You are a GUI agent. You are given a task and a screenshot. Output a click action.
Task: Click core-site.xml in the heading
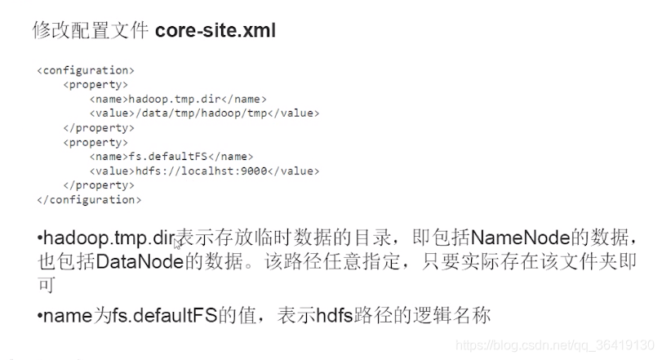point(215,31)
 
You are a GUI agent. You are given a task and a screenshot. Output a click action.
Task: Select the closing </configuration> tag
point(89,199)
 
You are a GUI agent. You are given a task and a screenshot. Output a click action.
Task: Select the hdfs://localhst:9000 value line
point(204,171)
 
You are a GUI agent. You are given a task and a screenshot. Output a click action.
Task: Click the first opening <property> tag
point(94,85)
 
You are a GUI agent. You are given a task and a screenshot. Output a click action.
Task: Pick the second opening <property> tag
point(94,142)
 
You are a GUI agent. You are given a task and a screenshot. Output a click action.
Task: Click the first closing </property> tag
point(97,128)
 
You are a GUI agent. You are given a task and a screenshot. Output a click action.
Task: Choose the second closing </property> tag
point(97,185)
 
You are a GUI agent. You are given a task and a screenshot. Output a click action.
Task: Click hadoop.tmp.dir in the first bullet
point(109,239)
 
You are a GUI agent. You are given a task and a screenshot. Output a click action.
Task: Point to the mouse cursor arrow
point(176,242)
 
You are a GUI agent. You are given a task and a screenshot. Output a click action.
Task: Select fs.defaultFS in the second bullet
point(168,315)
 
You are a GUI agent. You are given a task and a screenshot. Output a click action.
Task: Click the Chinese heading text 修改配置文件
point(89,31)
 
